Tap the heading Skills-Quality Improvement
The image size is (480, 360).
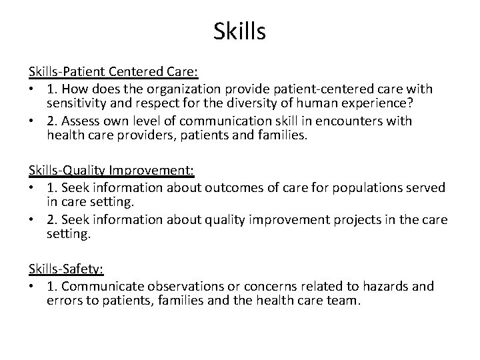pos(111,171)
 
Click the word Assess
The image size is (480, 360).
pos(82,121)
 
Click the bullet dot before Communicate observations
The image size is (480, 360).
pos(33,287)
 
